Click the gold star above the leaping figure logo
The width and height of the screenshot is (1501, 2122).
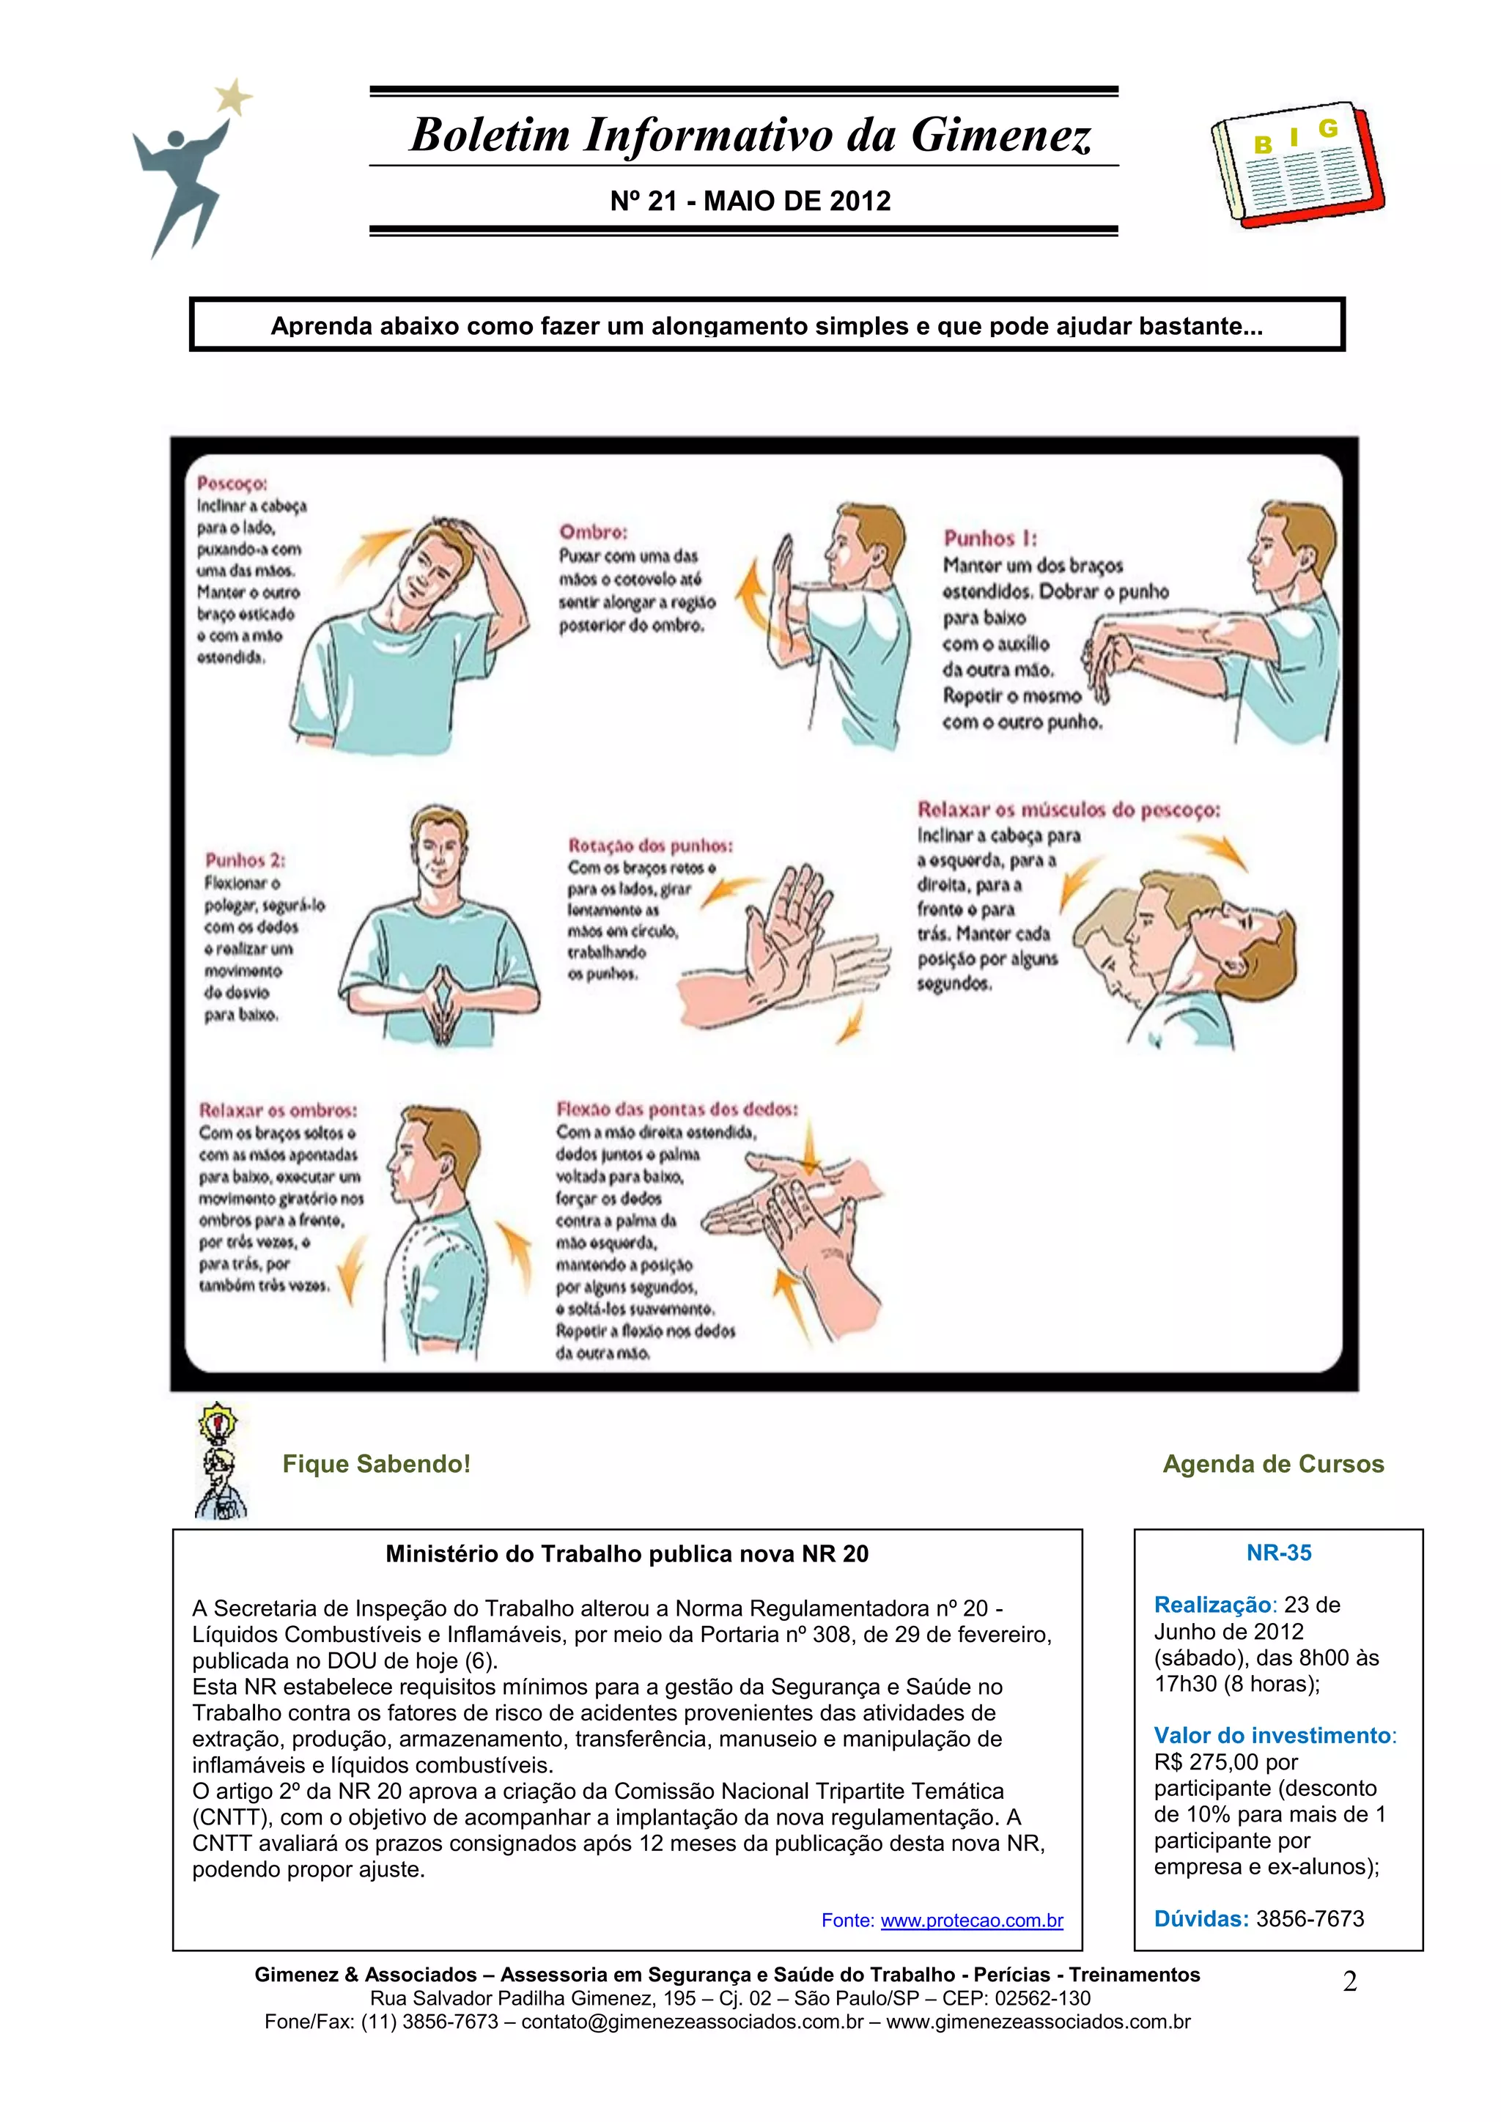pos(234,96)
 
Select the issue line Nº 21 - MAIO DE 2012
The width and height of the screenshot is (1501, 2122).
pos(750,202)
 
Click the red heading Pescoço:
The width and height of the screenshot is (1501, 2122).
pos(232,484)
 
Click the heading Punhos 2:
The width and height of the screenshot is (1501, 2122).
pos(244,859)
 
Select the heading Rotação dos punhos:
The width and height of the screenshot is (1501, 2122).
pos(650,845)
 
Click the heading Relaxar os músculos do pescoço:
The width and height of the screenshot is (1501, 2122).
pos(1069,810)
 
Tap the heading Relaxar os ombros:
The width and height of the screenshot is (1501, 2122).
pos(277,1110)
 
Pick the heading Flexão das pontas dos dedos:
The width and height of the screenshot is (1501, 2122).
pos(676,1109)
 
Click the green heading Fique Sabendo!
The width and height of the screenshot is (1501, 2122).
pos(376,1464)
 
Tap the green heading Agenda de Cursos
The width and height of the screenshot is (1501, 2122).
pos(1273,1464)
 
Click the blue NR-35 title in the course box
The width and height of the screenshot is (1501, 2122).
pos(1278,1553)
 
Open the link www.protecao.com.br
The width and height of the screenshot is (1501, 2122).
pos(971,1920)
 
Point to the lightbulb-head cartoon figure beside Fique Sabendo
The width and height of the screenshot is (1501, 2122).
pos(220,1460)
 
